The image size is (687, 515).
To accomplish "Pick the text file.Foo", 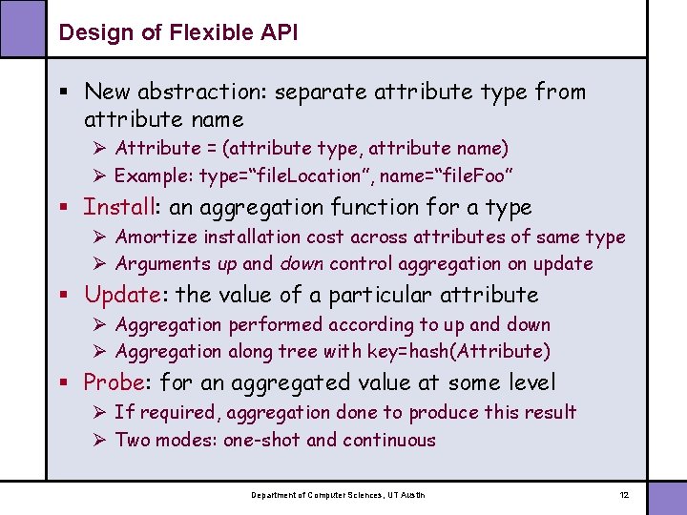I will point(473,175).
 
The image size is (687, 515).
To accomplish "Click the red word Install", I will point(120,207).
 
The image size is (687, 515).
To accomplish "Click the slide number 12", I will point(624,495).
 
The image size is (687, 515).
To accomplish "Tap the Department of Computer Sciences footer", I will point(338,495).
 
